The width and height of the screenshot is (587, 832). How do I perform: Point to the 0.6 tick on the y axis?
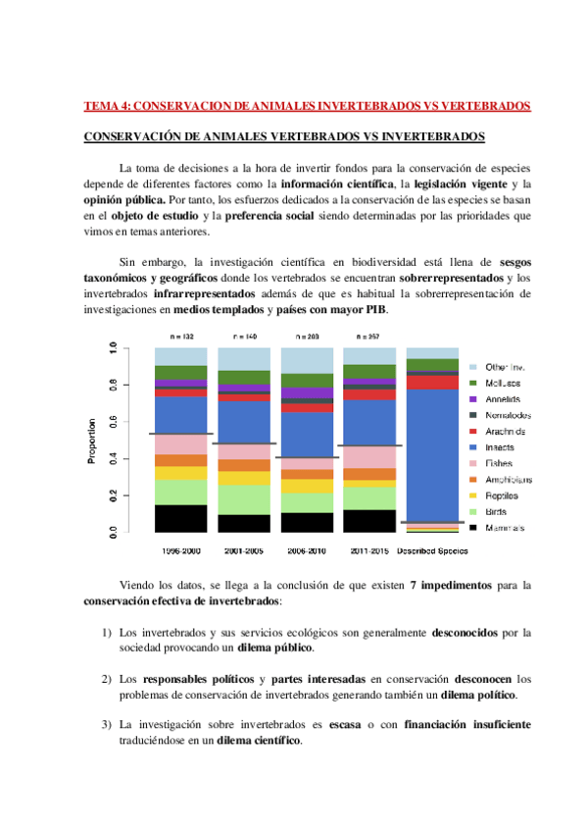(x=114, y=422)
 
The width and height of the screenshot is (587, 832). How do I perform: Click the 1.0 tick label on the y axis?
(x=114, y=348)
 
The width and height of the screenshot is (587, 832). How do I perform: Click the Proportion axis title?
(x=92, y=441)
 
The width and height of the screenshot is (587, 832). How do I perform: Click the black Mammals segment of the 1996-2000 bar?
(x=180, y=518)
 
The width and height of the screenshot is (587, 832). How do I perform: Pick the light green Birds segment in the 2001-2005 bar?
(x=244, y=499)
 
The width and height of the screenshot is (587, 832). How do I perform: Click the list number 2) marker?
(x=107, y=679)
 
